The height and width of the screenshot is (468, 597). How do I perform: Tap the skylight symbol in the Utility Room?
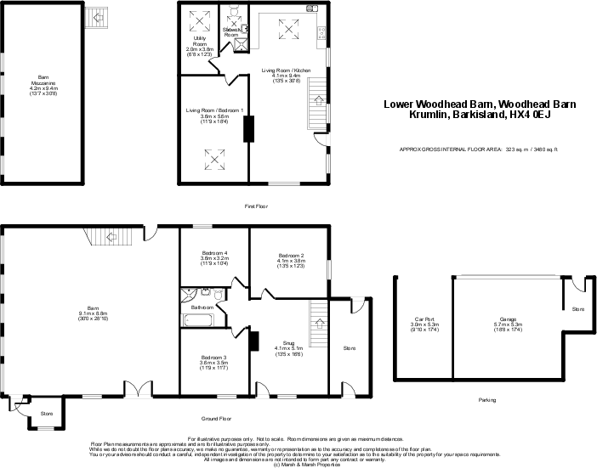tap(202, 20)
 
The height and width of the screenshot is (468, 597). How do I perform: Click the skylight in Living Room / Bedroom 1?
tap(213, 158)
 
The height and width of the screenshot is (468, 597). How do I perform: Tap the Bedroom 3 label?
tap(213, 362)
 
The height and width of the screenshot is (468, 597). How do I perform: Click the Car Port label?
tap(423, 324)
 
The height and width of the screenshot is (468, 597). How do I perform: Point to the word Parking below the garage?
tap(487, 399)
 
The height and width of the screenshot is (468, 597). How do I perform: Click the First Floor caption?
tap(256, 206)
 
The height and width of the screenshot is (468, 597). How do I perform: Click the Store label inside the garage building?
tap(578, 309)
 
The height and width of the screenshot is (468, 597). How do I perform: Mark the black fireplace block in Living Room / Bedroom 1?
tap(247, 129)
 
